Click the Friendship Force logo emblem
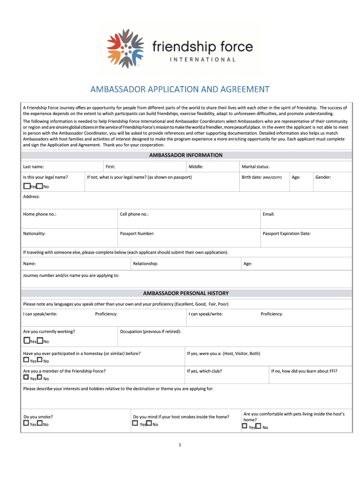click(x=125, y=48)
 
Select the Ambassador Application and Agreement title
click(x=180, y=89)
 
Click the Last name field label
click(x=34, y=167)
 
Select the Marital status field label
click(x=255, y=167)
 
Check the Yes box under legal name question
click(x=26, y=186)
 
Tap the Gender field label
click(x=323, y=177)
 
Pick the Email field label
click(x=268, y=214)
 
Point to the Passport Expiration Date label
click(x=286, y=233)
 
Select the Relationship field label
click(x=145, y=264)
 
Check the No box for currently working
click(x=40, y=341)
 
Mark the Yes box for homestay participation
click(x=26, y=360)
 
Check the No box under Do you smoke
click(x=40, y=424)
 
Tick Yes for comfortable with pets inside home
click(x=245, y=426)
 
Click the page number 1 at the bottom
click(x=180, y=444)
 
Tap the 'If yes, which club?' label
click(x=204, y=371)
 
